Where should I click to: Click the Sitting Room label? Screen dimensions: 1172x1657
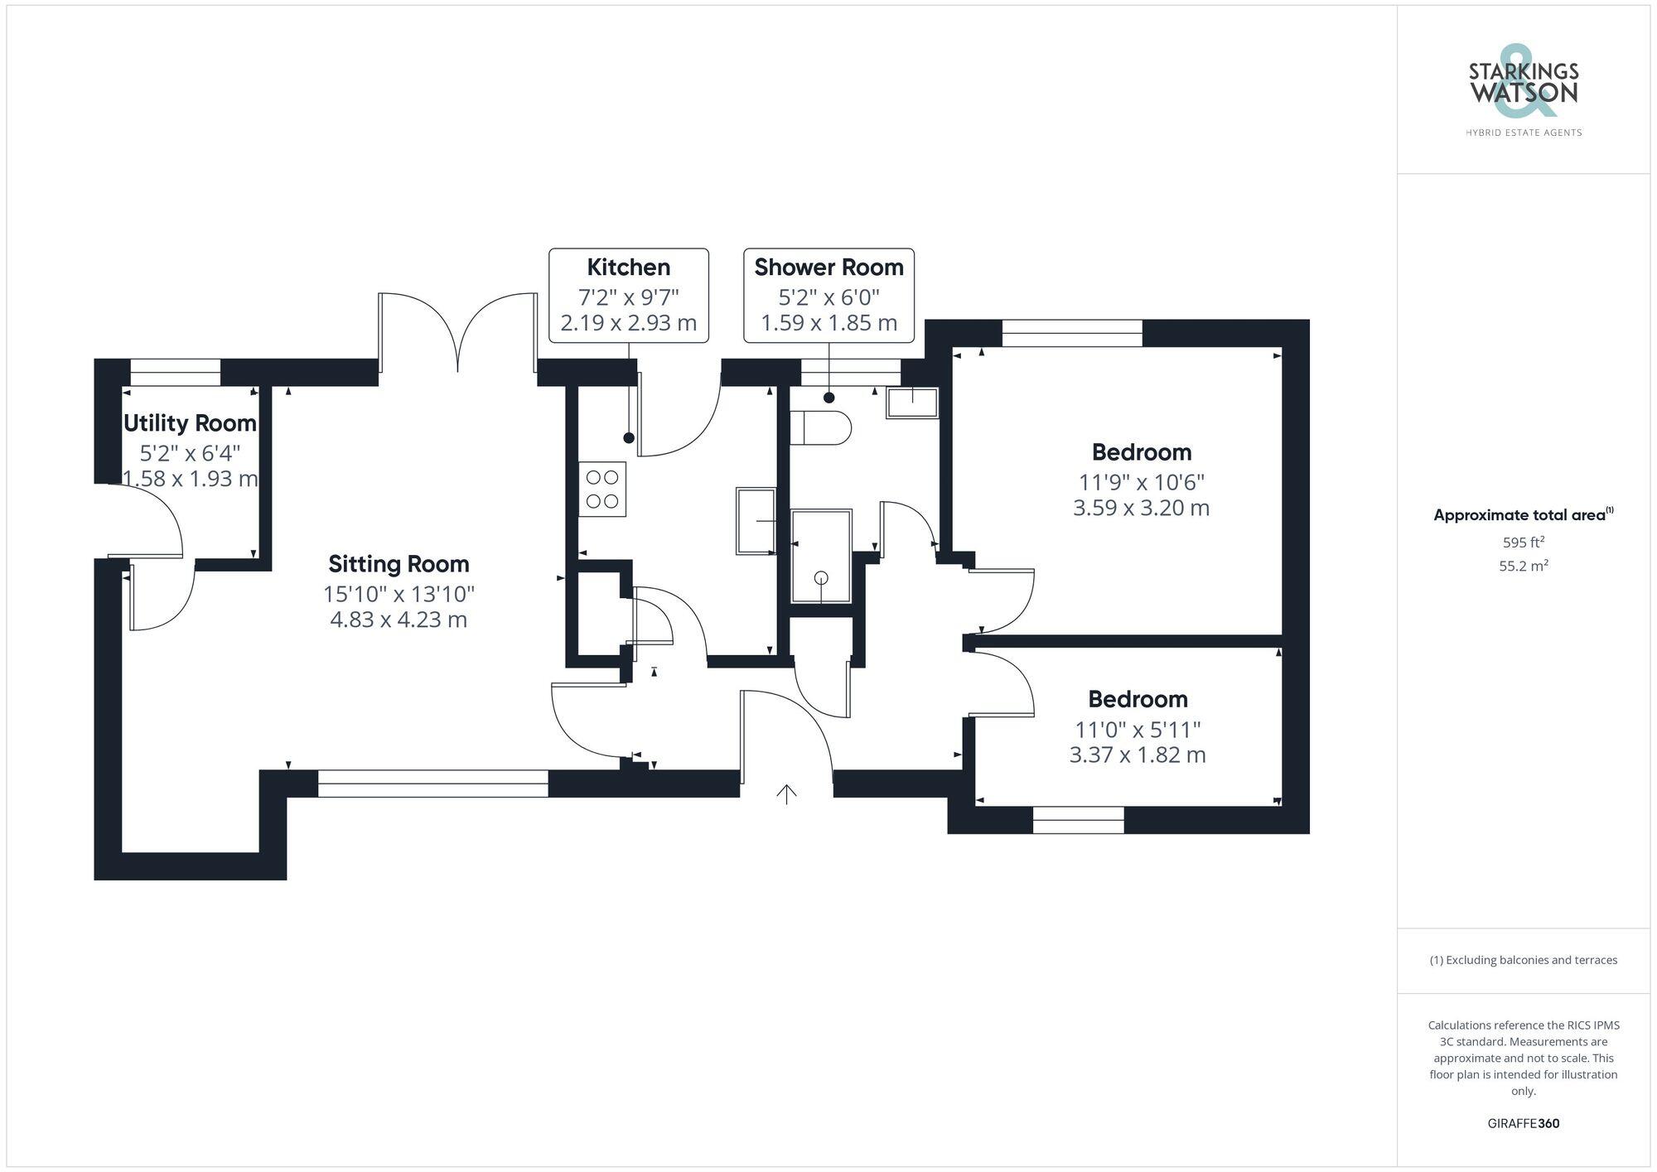tap(399, 564)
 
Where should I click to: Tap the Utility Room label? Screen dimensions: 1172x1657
tap(190, 423)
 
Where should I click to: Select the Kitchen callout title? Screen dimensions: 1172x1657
tap(628, 268)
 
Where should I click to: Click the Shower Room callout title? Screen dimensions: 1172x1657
tap(828, 268)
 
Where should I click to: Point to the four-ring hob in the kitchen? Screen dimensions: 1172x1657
tap(602, 490)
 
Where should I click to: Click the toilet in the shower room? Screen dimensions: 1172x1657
tap(821, 429)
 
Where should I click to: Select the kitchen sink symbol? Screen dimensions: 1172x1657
tap(756, 521)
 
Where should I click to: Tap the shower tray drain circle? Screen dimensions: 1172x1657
tap(821, 578)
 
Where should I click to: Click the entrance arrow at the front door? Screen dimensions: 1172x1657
tap(786, 794)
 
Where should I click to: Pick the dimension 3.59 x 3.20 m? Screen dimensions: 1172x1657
tap(1141, 508)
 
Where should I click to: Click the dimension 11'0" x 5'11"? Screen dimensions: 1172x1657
tap(1138, 730)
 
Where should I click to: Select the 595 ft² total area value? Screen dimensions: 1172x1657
tap(1523, 543)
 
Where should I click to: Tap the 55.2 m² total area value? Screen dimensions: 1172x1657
tap(1523, 567)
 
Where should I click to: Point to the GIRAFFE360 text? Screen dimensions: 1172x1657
tap(1523, 1124)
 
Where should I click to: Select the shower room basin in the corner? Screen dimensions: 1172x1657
tap(912, 403)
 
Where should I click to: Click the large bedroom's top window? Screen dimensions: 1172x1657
tap(1072, 333)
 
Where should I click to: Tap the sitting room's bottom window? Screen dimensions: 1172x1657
tap(432, 784)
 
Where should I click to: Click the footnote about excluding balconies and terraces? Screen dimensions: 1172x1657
tap(1523, 960)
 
